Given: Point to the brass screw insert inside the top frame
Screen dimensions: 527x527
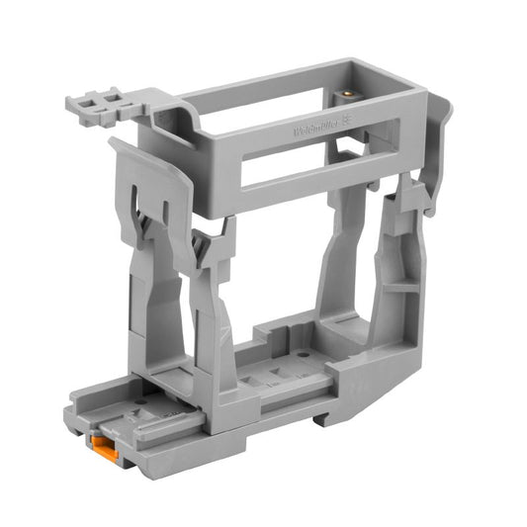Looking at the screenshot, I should [347, 96].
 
